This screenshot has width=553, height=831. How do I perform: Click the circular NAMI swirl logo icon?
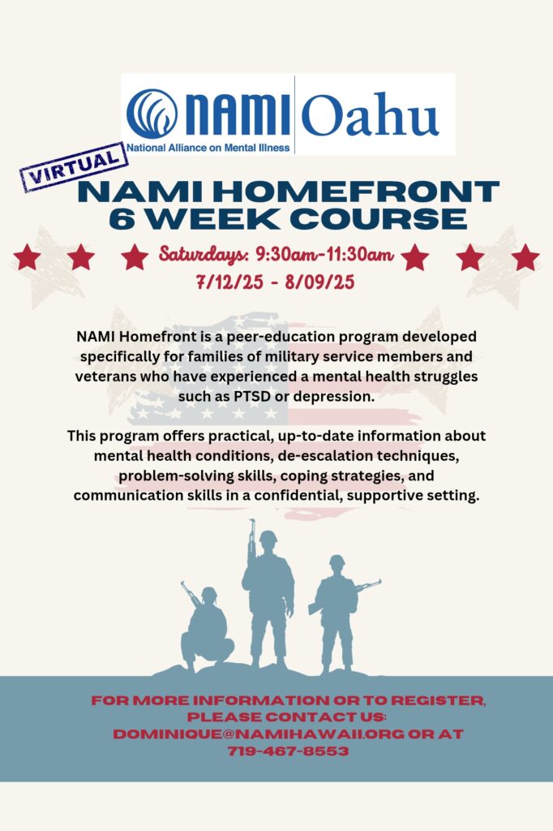pyautogui.click(x=152, y=114)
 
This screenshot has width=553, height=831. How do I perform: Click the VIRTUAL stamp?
pyautogui.click(x=74, y=167)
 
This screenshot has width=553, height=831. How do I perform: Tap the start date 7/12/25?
pyautogui.click(x=229, y=282)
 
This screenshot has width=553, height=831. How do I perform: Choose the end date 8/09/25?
pyautogui.click(x=320, y=282)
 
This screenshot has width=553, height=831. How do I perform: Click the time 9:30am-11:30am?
pyautogui.click(x=324, y=255)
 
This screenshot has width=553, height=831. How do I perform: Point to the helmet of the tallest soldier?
pyautogui.click(x=268, y=536)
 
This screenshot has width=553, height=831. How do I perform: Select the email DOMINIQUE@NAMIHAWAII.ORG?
pyautogui.click(x=259, y=734)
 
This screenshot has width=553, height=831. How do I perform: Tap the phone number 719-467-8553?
pyautogui.click(x=288, y=751)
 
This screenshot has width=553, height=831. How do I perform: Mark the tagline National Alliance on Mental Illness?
pyautogui.click(x=208, y=148)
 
